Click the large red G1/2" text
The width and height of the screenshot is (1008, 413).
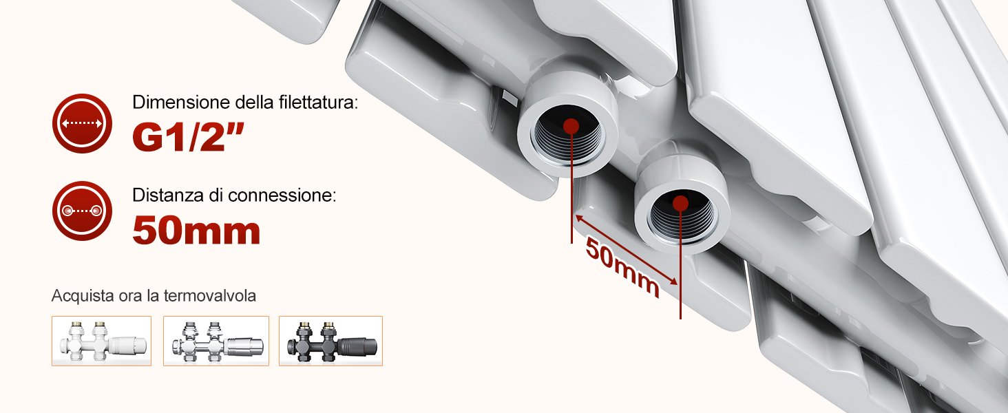click(x=188, y=137)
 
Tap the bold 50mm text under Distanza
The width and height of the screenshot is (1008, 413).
click(x=197, y=231)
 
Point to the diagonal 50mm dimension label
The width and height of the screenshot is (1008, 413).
click(x=622, y=268)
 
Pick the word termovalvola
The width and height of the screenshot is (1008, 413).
click(x=210, y=295)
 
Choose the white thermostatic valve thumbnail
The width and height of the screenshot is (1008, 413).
click(x=101, y=341)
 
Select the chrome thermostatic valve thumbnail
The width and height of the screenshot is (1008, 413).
click(x=216, y=341)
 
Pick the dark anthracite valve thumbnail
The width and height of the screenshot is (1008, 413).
click(x=330, y=341)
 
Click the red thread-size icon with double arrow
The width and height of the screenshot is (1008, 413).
click(x=82, y=123)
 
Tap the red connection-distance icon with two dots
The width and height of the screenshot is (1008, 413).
click(x=82, y=211)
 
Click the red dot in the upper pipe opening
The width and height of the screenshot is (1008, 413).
click(x=571, y=127)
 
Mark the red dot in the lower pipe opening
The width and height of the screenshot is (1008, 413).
click(x=681, y=203)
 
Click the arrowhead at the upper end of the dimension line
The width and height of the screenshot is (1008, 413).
click(x=579, y=218)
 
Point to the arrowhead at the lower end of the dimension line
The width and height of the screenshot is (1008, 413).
click(x=673, y=282)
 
